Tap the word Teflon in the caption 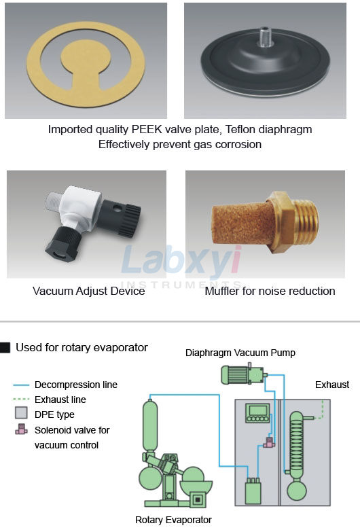point(240,129)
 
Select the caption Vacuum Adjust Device point(88,291)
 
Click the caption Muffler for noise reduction point(270,291)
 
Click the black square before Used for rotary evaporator point(5,348)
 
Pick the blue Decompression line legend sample point(21,385)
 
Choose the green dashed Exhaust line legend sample point(21,400)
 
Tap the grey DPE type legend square point(21,413)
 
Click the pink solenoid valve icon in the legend point(21,429)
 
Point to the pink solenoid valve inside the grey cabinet point(270,442)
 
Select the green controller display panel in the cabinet point(258,413)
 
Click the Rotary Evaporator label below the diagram point(173,520)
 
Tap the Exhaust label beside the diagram point(332,385)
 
